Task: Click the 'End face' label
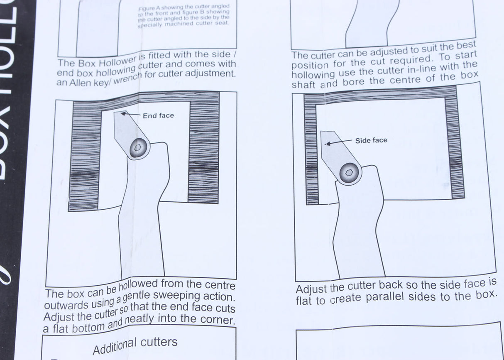coord(158,116)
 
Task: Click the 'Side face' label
coord(371,141)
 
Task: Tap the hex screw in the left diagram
coord(138,148)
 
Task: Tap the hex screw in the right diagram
coord(350,173)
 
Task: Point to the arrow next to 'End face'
coord(130,114)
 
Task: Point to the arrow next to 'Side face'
coord(338,142)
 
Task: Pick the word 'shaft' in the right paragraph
coord(303,85)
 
